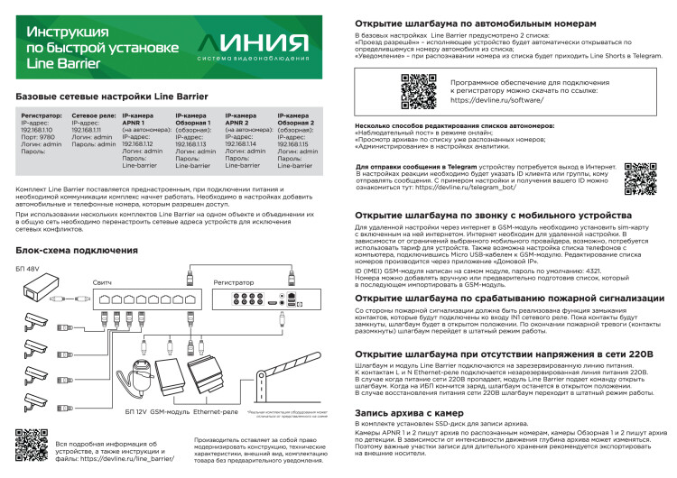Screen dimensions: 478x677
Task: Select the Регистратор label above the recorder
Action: click(234, 283)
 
